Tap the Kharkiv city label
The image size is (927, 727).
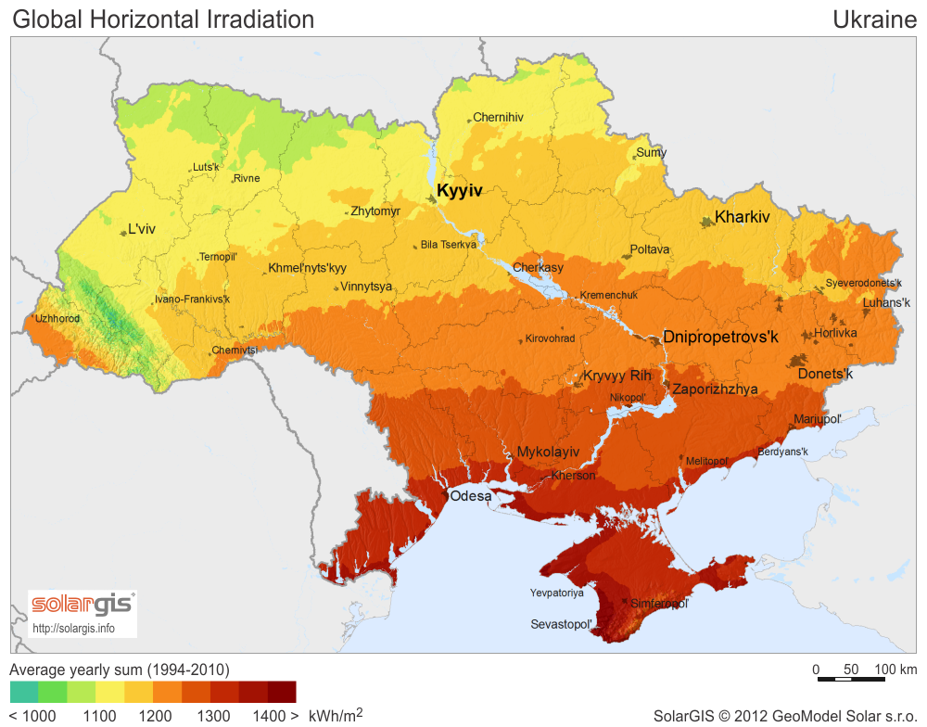[743, 217]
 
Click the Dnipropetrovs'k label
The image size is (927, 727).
[720, 338]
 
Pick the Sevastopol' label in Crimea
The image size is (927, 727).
[561, 625]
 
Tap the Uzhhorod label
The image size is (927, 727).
[57, 319]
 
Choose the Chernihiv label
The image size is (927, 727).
[498, 118]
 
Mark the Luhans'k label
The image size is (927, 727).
[886, 302]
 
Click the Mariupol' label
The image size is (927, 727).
[817, 419]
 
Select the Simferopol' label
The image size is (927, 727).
[660, 604]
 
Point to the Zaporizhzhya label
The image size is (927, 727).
[715, 389]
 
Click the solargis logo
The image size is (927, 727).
[83, 606]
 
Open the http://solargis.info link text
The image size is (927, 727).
[74, 628]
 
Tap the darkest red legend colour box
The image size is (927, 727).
[282, 692]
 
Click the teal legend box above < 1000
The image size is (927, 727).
[24, 692]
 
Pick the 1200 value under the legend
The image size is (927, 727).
[156, 716]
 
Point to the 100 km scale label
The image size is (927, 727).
[895, 670]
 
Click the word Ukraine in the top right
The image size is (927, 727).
[874, 19]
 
